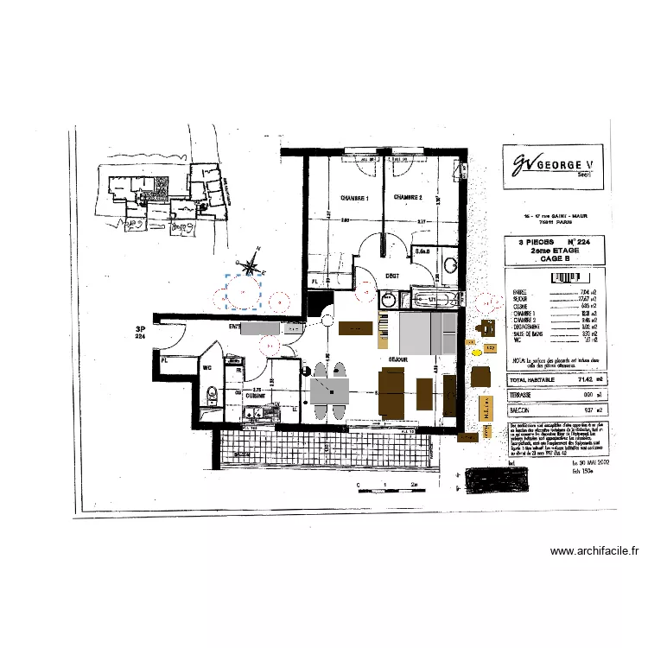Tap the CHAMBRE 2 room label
[x=408, y=198]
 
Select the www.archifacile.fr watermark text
[x=594, y=551]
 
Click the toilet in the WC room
[x=210, y=397]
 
